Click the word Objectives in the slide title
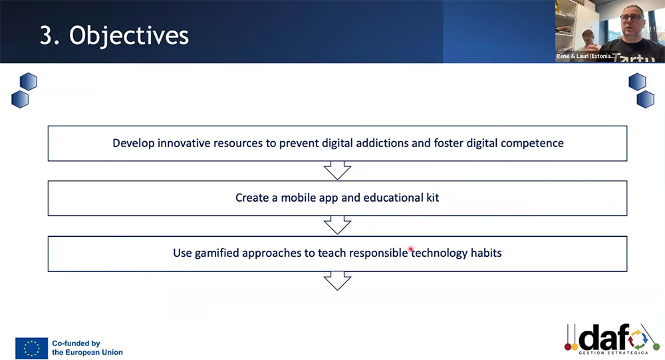coord(129,36)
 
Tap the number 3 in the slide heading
coord(46,35)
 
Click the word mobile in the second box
coord(299,198)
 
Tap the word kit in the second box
coord(433,198)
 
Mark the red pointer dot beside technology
coord(410,249)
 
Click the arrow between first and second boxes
coord(338,170)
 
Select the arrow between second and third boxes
coord(338,225)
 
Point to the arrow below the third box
coord(338,281)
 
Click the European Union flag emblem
coord(31,348)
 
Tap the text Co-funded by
coord(76,343)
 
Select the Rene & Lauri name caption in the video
coord(585,56)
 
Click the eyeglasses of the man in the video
coord(632,17)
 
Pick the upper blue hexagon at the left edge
coord(29,81)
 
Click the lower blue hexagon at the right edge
coord(646,99)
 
